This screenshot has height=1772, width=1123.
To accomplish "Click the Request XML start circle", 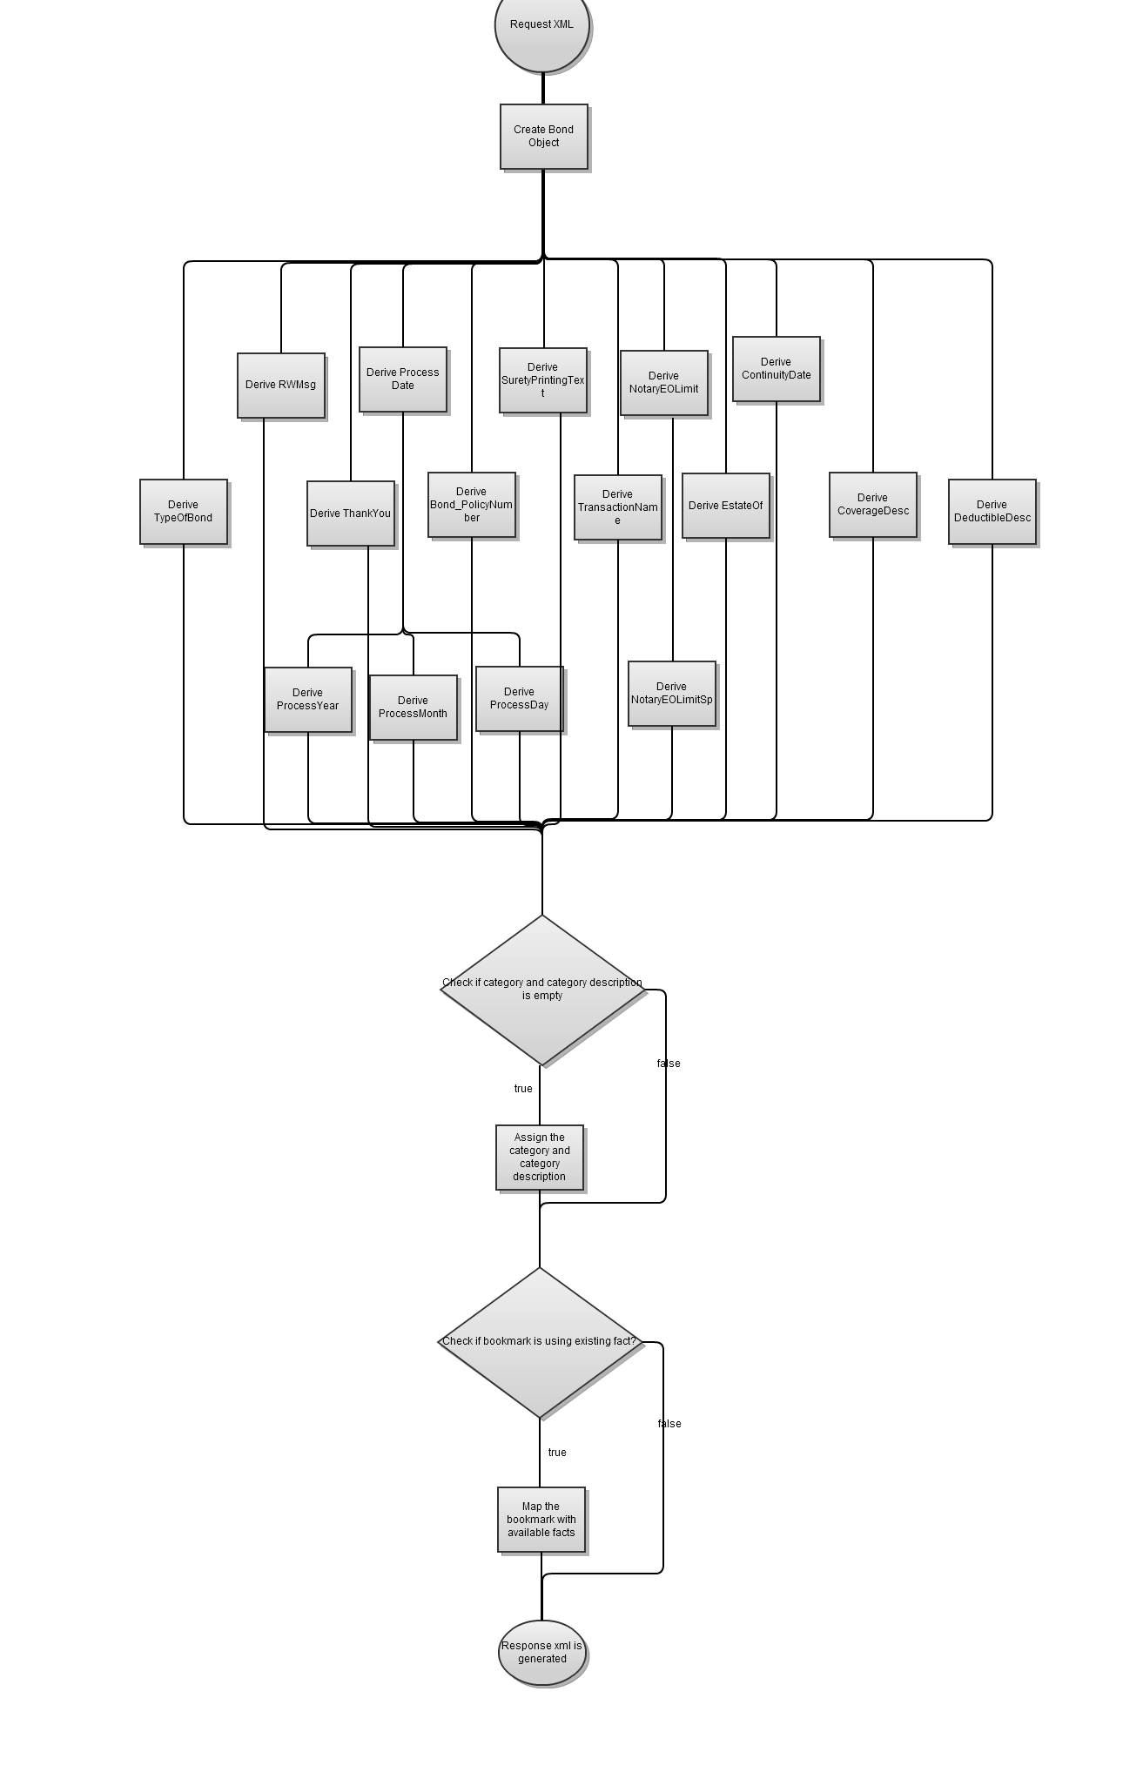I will point(541,26).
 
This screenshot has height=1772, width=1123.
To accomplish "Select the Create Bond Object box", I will point(543,137).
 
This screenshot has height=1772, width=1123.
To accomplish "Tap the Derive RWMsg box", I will point(280,385).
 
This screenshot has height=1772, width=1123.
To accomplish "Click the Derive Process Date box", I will point(402,379).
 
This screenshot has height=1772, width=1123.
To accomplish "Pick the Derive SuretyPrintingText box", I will point(542,380).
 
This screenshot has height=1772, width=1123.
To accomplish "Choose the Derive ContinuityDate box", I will point(776,369).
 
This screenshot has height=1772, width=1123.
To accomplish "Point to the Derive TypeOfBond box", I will point(183,512).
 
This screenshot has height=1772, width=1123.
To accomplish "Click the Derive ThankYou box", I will point(350,513).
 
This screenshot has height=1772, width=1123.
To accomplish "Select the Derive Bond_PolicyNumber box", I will point(471,505).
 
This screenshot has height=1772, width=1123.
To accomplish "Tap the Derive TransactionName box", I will point(617,507).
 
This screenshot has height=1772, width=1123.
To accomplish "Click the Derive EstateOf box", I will point(725,506).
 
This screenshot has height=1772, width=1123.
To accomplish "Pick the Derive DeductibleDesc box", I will point(992,512).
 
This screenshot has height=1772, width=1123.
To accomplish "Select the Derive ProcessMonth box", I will point(413,708).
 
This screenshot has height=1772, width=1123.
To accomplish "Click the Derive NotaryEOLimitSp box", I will point(671,694).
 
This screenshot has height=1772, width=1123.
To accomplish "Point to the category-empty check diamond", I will point(541,990).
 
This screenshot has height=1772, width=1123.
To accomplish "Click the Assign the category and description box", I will point(539,1158).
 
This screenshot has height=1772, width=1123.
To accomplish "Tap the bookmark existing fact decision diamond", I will point(539,1342).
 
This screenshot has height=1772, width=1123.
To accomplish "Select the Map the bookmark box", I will point(541,1520).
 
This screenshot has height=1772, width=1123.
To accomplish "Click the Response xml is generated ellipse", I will point(541,1652).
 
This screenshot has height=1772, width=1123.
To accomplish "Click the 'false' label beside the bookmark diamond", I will point(669,1424).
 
